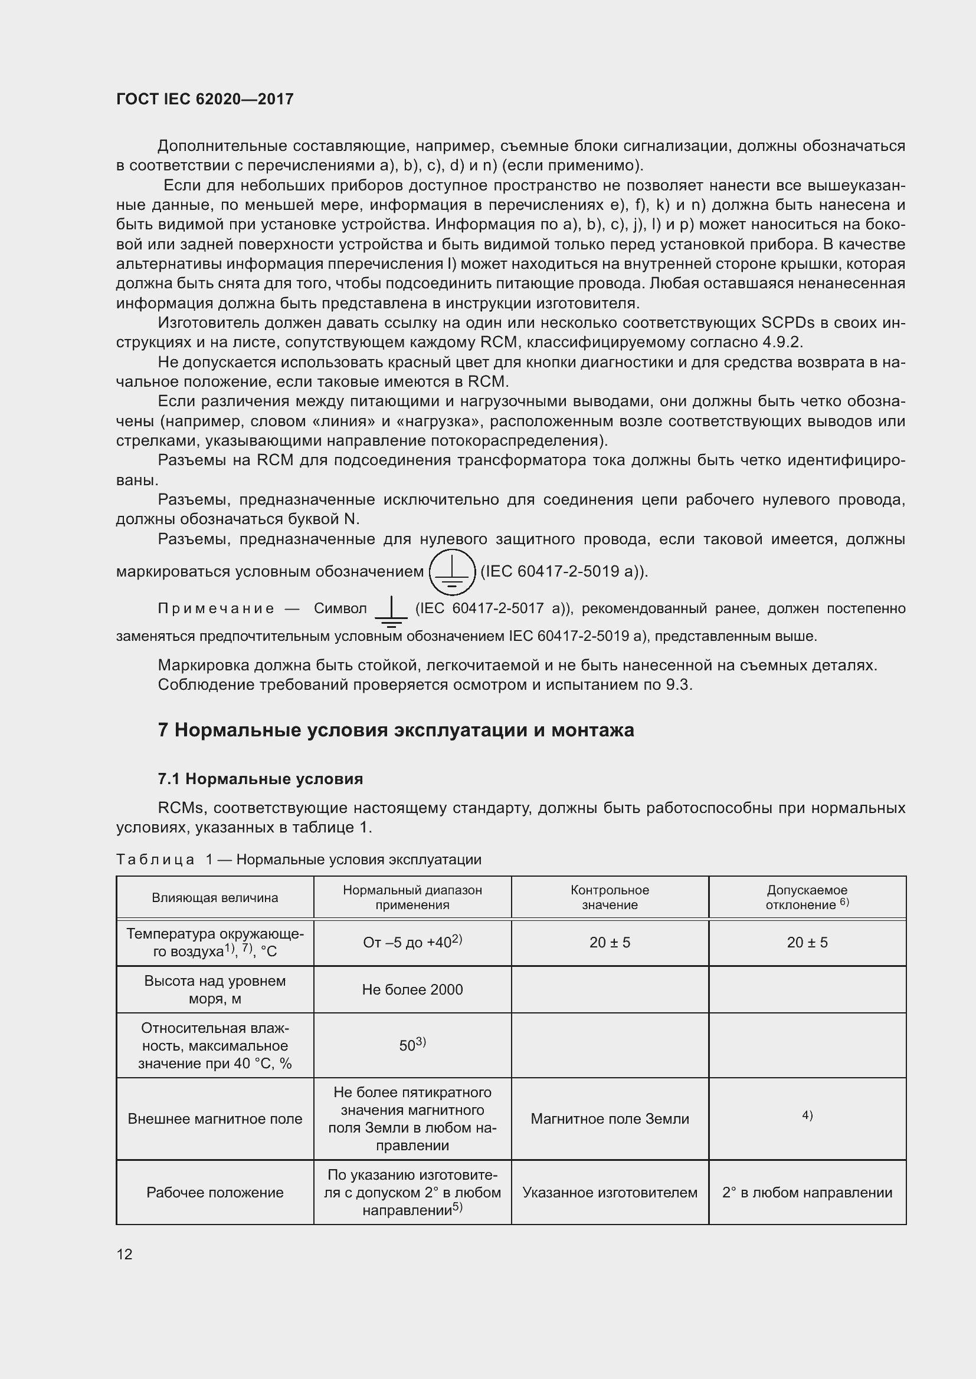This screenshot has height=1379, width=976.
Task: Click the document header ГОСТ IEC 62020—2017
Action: pos(204,99)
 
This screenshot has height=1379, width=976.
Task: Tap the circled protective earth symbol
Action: pos(452,572)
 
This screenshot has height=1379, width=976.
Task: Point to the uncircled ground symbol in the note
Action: pos(391,611)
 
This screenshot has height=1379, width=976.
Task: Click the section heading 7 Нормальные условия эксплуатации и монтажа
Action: pos(395,730)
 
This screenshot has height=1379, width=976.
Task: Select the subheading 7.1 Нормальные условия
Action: pos(260,779)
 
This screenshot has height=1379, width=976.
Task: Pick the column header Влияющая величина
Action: pos(215,898)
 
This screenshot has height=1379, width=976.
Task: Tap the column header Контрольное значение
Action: pos(610,897)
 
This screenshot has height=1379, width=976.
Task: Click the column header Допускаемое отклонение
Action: pos(807,897)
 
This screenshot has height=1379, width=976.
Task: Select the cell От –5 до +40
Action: pos(412,942)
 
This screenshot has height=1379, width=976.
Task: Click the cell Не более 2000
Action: pos(412,990)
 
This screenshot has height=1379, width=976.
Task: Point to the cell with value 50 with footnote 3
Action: pos(412,1046)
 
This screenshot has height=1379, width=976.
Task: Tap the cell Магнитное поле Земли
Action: pos(610,1119)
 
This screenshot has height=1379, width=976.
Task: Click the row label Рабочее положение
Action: pos(215,1192)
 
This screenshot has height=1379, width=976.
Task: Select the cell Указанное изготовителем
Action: pos(610,1192)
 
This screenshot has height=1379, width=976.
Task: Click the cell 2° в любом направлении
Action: pos(807,1192)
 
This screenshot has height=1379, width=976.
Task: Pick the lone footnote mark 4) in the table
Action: pos(807,1115)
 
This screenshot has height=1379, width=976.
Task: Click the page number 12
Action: pos(125,1254)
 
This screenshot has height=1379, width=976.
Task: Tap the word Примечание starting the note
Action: pos(216,608)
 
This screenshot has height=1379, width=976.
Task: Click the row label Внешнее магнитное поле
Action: pos(215,1119)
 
